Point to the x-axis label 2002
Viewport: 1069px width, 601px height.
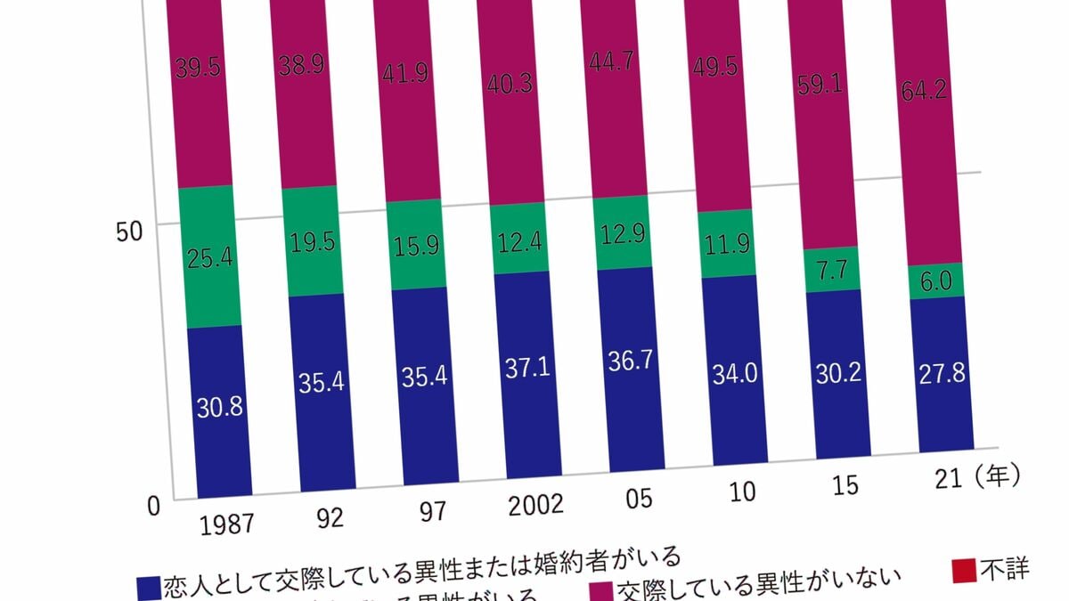pyautogui.click(x=535, y=505)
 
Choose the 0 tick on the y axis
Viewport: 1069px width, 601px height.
pyautogui.click(x=153, y=507)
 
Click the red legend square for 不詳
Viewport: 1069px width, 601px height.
pyautogui.click(x=965, y=572)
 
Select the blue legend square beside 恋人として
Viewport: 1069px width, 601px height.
pyautogui.click(x=148, y=588)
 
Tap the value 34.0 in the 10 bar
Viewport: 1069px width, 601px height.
pyautogui.click(x=735, y=373)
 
